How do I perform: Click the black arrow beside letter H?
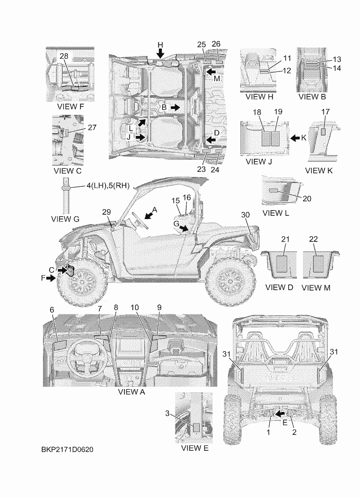(x=161, y=53)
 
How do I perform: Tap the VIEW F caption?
(x=71, y=106)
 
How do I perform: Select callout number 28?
(x=64, y=56)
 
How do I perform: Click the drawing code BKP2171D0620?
(x=67, y=449)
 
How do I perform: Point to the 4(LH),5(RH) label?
(x=108, y=186)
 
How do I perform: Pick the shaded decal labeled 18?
(x=266, y=139)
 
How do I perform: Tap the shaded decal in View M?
(x=318, y=264)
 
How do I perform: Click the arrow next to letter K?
(x=295, y=138)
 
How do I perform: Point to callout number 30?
(x=245, y=214)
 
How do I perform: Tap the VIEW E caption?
(x=195, y=448)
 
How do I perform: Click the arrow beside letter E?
(x=279, y=413)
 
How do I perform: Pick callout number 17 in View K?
(x=325, y=112)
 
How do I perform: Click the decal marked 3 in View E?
(x=197, y=427)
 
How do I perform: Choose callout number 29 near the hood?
(x=107, y=212)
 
